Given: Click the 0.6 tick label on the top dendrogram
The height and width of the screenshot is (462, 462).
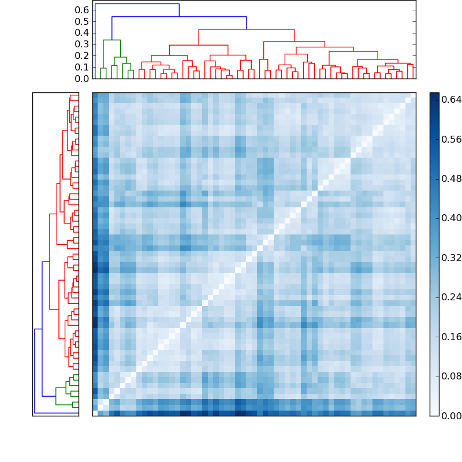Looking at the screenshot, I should [82, 10].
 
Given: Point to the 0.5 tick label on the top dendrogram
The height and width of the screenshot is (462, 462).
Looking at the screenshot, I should [82, 21].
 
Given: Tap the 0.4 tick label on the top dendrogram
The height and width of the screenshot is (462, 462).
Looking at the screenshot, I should [82, 33].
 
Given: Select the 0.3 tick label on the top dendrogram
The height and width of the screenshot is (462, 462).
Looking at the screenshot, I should [82, 44].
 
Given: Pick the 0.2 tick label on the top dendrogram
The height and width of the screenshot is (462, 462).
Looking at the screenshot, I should [82, 55].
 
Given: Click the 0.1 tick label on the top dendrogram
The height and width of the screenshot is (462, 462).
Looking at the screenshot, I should [82, 67].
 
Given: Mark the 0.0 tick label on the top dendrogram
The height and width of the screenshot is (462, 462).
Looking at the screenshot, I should [82, 79].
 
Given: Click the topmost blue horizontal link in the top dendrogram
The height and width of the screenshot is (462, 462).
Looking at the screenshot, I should [137, 4].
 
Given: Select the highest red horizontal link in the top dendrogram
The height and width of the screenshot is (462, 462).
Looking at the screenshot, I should [246, 29].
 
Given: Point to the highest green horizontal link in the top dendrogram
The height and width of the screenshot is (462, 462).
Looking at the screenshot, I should [111, 40].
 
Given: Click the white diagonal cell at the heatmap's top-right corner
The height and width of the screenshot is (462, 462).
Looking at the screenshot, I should [413, 95].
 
